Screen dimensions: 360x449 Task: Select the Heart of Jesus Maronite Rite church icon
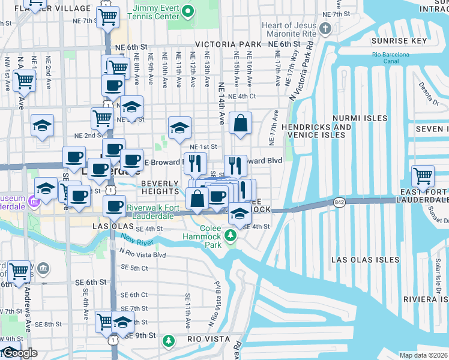click(325, 28)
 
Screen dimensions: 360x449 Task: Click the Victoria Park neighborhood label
click(228, 44)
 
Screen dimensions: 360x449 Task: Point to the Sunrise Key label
click(399, 41)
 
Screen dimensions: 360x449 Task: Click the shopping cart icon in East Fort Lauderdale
click(423, 176)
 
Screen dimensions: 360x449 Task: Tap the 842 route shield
click(339, 203)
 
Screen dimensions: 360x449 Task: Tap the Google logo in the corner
click(19, 353)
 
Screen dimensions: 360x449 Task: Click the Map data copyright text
click(424, 355)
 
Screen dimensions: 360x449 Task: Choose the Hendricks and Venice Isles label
click(316, 131)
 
